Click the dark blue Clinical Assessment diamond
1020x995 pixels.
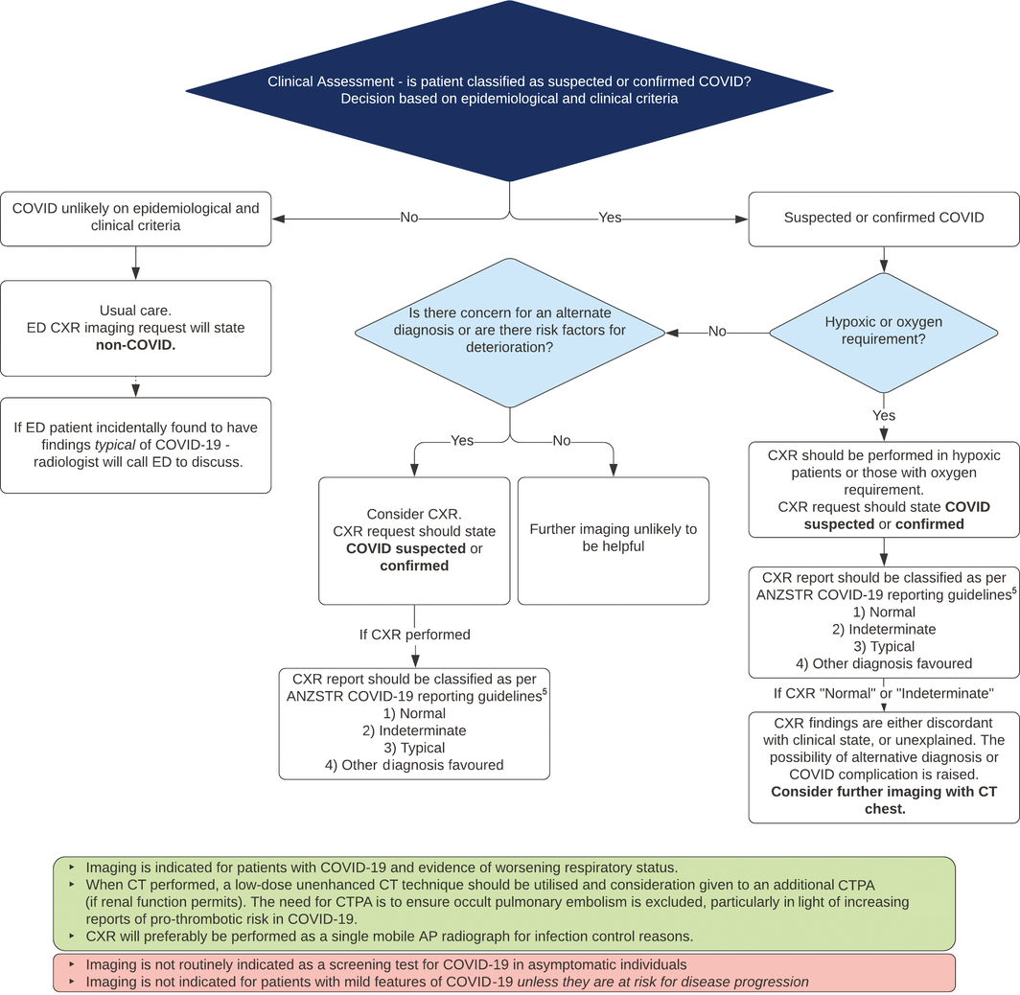pos(509,91)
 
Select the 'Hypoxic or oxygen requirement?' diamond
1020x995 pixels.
pos(883,332)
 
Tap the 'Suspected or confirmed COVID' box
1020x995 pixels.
pos(883,218)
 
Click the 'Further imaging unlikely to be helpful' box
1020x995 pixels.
pos(614,538)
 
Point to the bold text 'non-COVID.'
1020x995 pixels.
pos(135,346)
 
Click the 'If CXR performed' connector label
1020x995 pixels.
pos(414,635)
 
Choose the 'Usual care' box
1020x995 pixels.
pos(135,328)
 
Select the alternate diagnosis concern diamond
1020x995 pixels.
pos(509,332)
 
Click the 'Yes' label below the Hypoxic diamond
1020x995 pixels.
pos(883,416)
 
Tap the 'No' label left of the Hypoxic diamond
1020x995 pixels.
pos(717,332)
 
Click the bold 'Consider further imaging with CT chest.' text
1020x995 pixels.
pos(883,800)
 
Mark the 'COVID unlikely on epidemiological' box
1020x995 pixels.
pos(135,218)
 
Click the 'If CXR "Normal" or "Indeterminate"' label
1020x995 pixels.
pos(883,693)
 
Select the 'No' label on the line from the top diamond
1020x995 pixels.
pos(409,218)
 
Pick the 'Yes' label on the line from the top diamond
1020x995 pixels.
pos(610,218)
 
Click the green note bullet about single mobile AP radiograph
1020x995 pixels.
pos(389,936)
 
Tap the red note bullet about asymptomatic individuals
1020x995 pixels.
pos(385,964)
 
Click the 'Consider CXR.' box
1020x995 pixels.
pos(414,540)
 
